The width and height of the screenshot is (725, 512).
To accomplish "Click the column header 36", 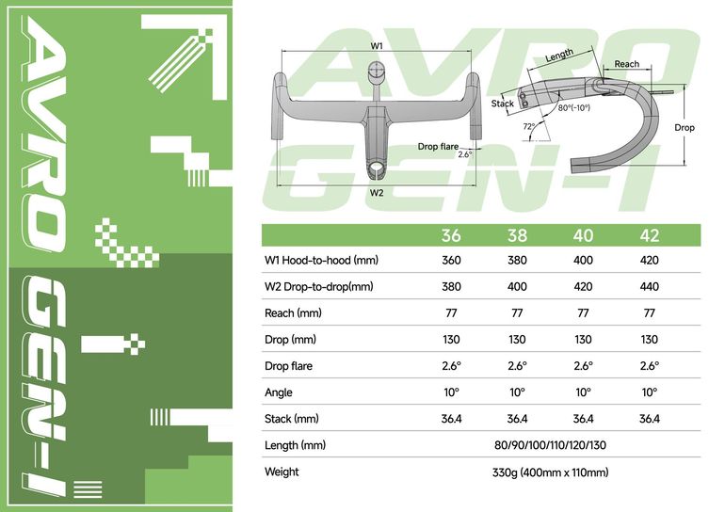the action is tap(451, 235).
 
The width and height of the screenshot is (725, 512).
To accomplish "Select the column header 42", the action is tap(649, 235).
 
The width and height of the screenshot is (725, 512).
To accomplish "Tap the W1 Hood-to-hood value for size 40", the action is tap(583, 260).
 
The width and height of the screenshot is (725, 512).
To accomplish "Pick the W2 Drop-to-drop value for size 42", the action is tap(649, 286).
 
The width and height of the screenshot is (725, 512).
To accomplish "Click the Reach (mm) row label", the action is tap(293, 313).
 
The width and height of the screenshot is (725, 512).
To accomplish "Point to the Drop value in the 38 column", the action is tap(517, 340).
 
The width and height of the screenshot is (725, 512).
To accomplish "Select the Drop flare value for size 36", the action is tap(451, 366).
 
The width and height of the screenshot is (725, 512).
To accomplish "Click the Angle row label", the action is tap(279, 392).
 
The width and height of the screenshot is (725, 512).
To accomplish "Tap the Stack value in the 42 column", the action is tap(649, 419).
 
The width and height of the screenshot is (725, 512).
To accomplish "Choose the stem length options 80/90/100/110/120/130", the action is tap(550, 445).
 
